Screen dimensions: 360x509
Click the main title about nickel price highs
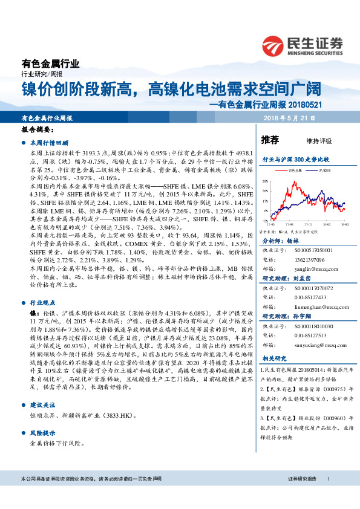[x=171, y=89]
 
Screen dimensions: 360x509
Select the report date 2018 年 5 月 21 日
[x=312, y=118]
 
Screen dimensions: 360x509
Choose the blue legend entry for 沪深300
[x=324, y=170]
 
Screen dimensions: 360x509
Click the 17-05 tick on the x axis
[x=271, y=225]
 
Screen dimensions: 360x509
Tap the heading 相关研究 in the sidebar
[x=274, y=359]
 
